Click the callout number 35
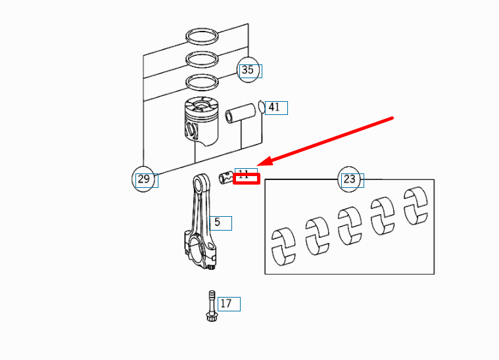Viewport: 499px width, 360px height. pyautogui.click(x=248, y=70)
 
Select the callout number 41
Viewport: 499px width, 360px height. pyautogui.click(x=274, y=107)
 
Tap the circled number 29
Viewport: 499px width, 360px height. pyautogui.click(x=143, y=179)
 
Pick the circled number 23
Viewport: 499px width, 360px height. pyautogui.click(x=349, y=179)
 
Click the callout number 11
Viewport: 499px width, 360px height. pyautogui.click(x=244, y=174)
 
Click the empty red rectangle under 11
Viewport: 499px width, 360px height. pyautogui.click(x=247, y=179)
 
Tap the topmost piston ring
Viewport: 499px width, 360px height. pyautogui.click(x=202, y=36)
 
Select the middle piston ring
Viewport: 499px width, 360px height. pyautogui.click(x=202, y=58)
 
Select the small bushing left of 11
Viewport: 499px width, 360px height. pyautogui.click(x=226, y=177)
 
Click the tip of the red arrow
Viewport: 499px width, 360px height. pyautogui.click(x=258, y=165)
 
